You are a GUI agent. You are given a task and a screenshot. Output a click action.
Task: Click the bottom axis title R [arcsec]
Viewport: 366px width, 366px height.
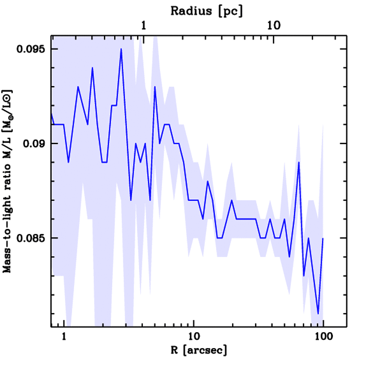(194, 350)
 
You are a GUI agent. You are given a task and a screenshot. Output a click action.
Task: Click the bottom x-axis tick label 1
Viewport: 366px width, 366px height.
(64, 336)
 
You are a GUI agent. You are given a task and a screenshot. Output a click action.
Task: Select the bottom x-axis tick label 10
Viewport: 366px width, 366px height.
(194, 336)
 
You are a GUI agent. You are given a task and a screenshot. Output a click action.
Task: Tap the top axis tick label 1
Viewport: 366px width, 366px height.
(143, 26)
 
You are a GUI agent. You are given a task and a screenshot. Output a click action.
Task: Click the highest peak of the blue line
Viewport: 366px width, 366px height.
(121, 49)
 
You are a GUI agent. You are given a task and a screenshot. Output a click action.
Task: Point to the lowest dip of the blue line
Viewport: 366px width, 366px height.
(318, 313)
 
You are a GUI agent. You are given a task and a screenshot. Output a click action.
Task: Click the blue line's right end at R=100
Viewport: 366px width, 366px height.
(323, 238)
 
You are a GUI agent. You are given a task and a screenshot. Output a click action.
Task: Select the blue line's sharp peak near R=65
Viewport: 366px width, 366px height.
(299, 162)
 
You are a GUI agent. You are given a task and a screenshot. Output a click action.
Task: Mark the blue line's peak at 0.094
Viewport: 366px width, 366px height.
(92, 68)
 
